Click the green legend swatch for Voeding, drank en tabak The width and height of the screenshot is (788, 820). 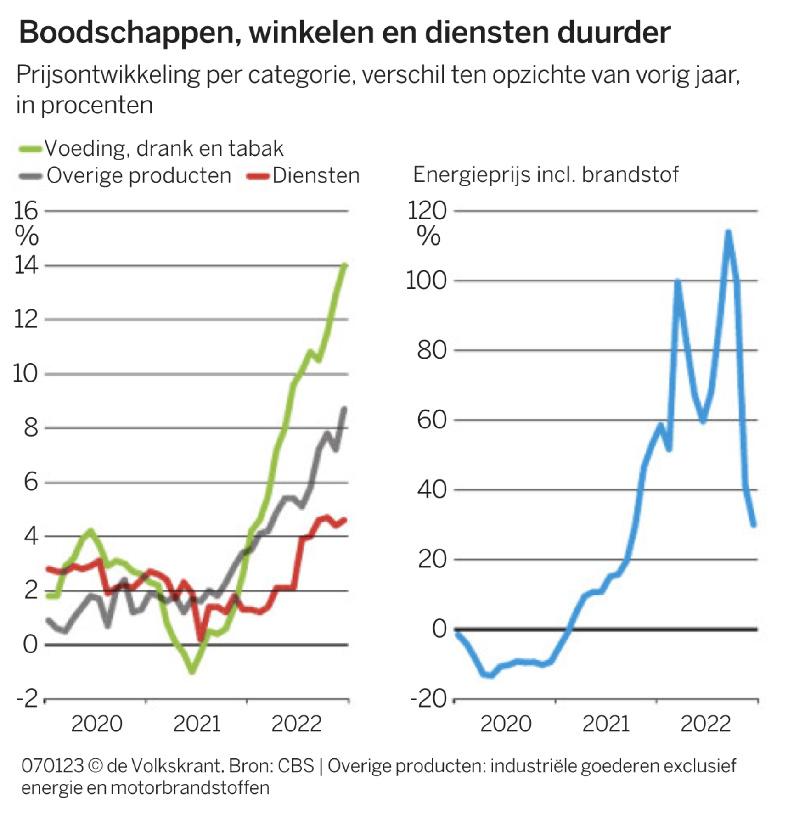(30, 149)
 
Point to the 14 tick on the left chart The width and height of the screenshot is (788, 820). (26, 265)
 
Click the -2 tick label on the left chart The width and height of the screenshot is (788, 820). (27, 698)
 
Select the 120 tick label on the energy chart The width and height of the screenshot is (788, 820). (427, 211)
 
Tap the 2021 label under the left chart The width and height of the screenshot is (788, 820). (197, 724)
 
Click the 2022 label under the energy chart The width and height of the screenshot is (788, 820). (705, 724)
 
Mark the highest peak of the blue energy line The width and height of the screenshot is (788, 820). (728, 232)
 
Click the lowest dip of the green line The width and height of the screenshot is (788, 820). (192, 672)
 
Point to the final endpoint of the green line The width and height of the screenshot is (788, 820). (344, 265)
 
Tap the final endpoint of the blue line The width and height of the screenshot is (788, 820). (754, 524)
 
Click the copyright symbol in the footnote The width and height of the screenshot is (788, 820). (95, 766)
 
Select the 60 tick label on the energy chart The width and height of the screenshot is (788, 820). (432, 420)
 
